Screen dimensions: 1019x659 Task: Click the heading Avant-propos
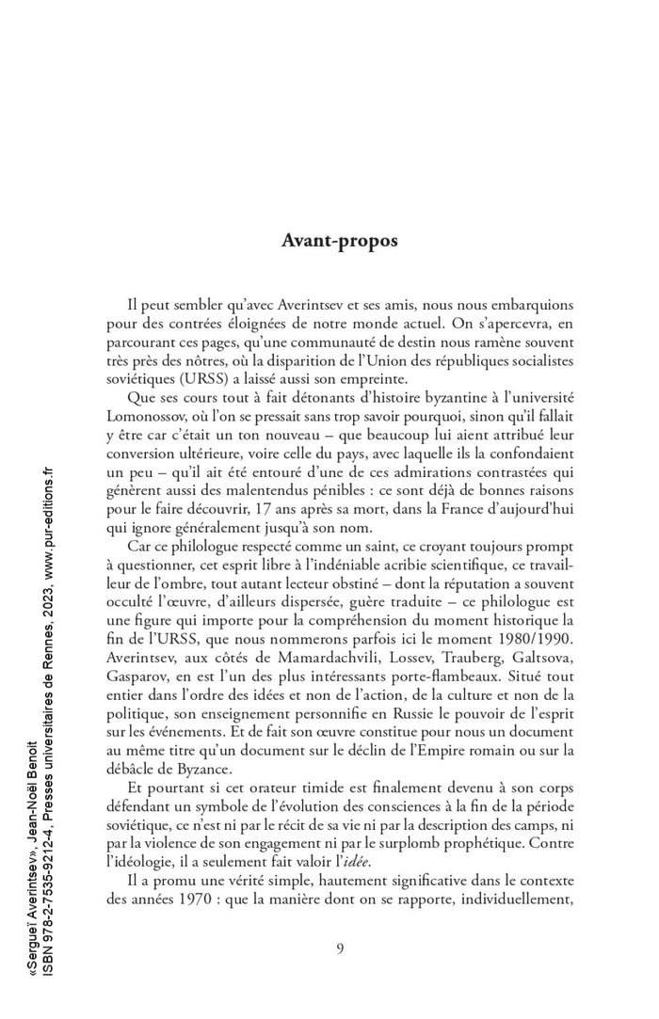(340, 240)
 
